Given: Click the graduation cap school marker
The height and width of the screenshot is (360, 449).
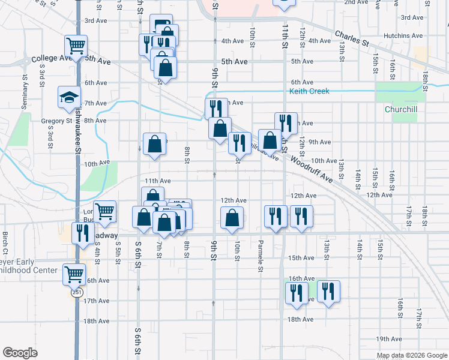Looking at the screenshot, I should [x=70, y=97].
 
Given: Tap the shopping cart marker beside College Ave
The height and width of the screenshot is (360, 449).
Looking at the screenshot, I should [x=76, y=45].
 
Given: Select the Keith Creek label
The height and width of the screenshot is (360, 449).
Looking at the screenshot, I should [x=309, y=91].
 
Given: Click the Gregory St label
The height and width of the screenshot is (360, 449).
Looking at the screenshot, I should [x=56, y=121].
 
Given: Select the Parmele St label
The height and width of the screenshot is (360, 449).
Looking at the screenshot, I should [x=261, y=248].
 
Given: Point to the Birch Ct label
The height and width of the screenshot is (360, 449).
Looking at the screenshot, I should [x=5, y=242].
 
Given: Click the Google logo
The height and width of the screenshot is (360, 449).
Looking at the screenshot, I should [x=20, y=353].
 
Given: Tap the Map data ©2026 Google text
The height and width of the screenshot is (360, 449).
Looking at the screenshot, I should [x=411, y=355].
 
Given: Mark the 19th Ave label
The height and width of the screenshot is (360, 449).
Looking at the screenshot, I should [x=388, y=339].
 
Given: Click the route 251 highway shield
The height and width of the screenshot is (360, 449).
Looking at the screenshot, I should [x=76, y=292].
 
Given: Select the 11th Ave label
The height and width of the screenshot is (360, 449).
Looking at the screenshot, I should [x=157, y=181].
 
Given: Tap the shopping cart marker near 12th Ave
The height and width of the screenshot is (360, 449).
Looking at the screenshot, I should [x=105, y=210].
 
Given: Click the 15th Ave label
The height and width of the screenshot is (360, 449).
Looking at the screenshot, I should [x=301, y=258].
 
